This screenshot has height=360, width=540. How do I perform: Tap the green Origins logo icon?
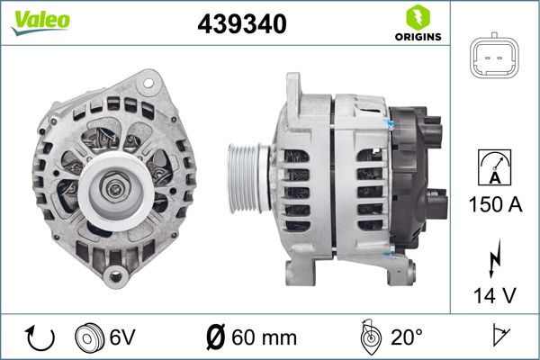(x=415, y=16)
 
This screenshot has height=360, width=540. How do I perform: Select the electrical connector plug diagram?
(x=494, y=59)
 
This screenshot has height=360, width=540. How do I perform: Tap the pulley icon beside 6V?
(x=90, y=338)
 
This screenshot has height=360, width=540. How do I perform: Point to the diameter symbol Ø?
(x=215, y=338)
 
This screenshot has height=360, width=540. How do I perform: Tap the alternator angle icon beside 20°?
(x=369, y=337)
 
